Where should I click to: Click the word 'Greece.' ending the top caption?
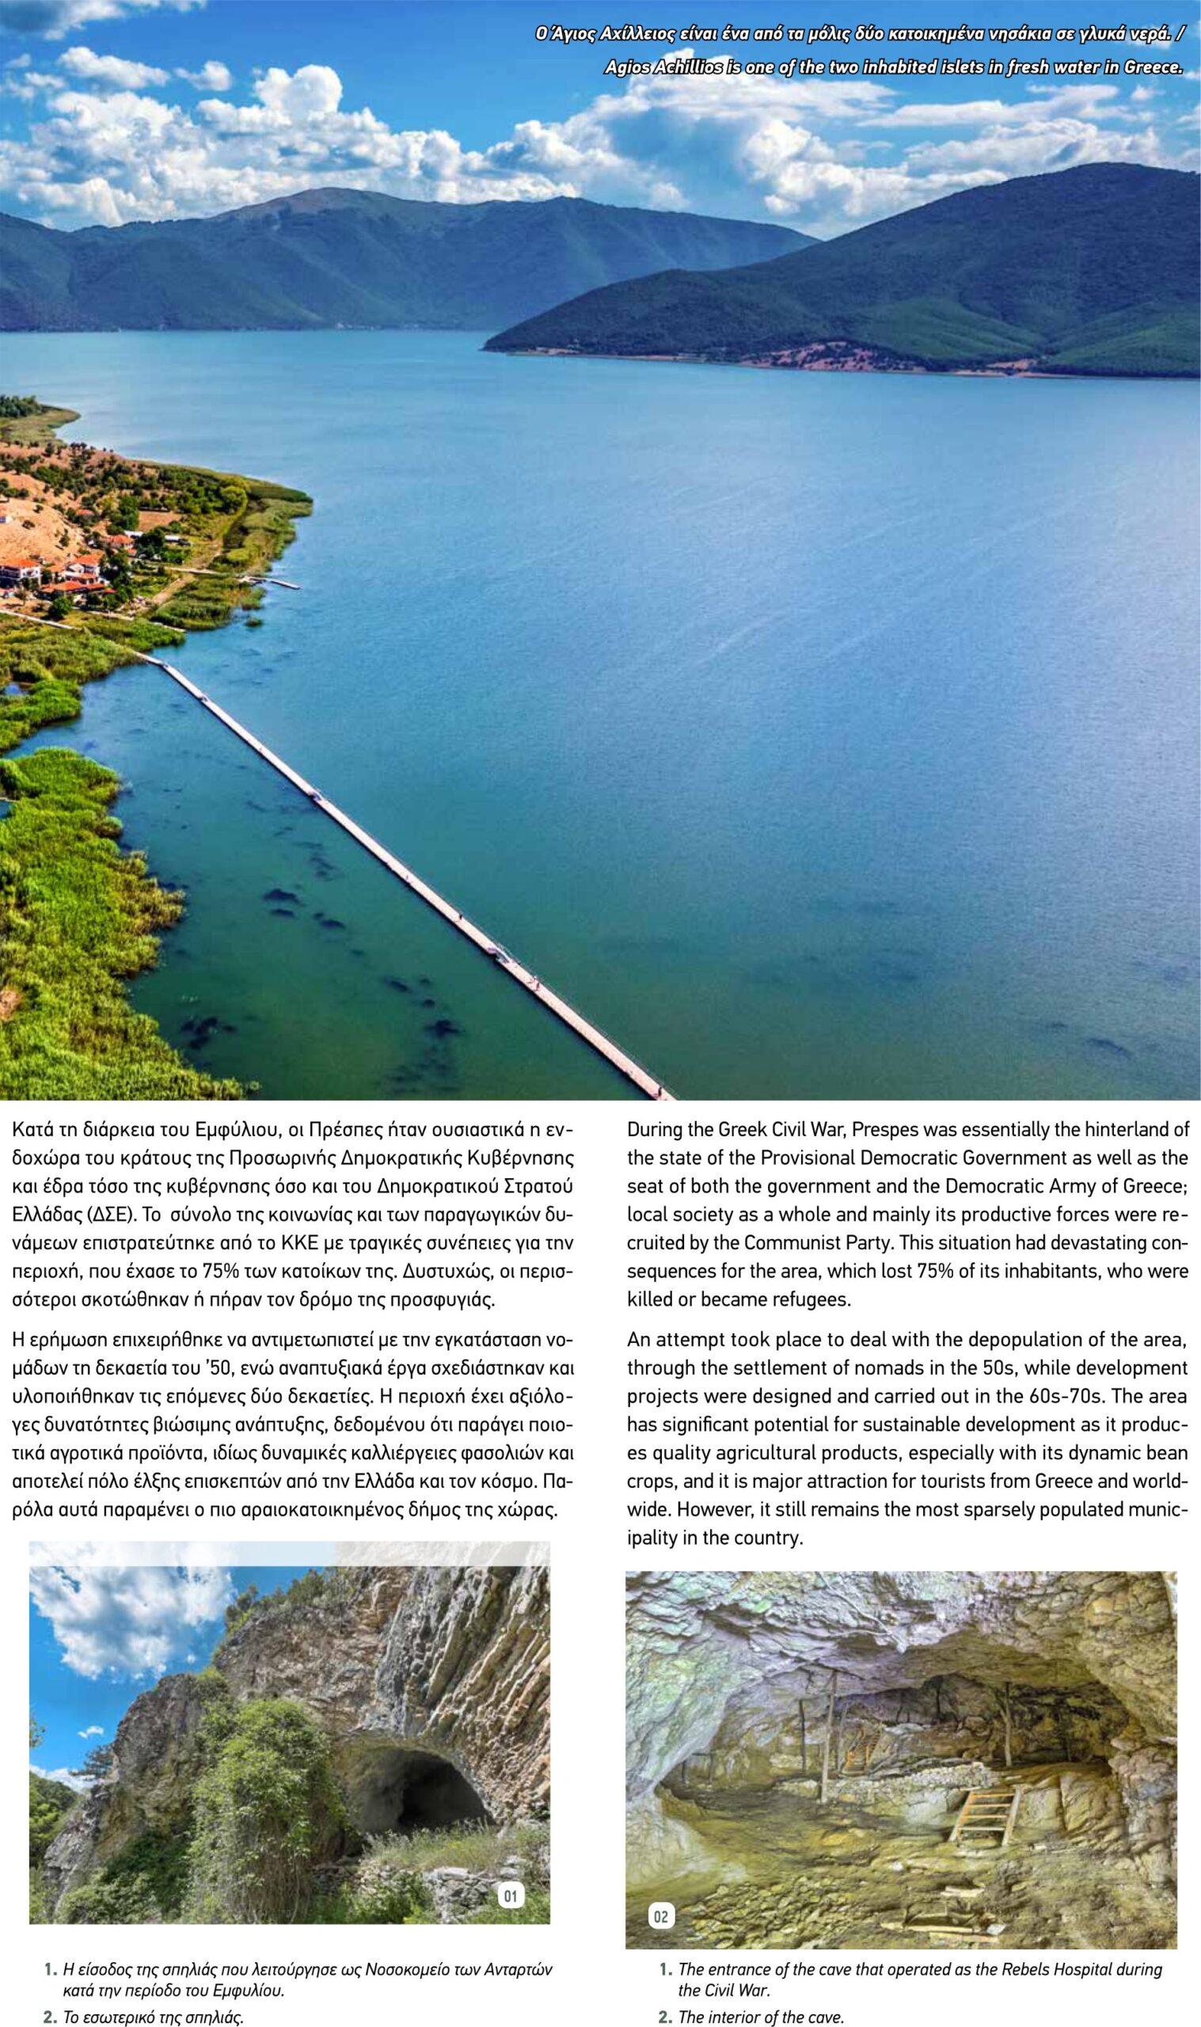coord(1153,67)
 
